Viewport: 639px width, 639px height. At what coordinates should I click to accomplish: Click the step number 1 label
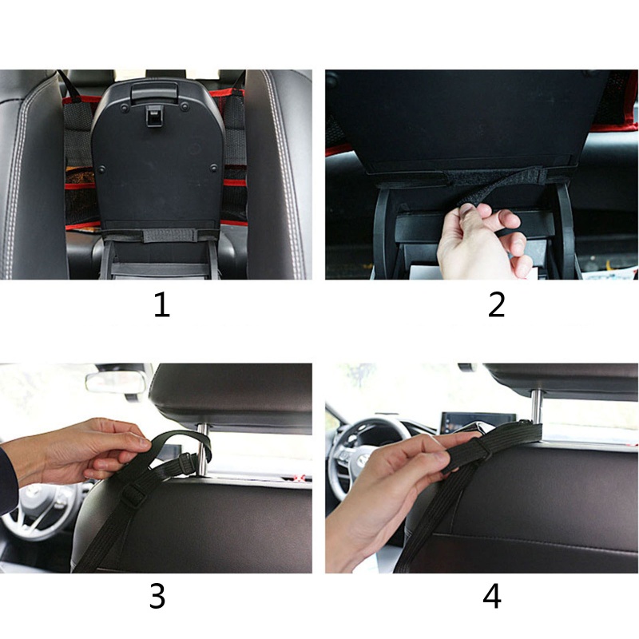pos(162,305)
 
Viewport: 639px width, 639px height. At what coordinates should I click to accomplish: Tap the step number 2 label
pos(496,305)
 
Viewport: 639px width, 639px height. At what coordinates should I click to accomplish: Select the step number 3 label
pos(157,596)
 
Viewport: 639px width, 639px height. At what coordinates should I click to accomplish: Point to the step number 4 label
pos(492,596)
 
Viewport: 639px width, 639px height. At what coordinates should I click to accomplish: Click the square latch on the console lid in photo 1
pos(154,117)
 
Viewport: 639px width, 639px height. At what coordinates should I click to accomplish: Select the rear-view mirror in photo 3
pos(116,383)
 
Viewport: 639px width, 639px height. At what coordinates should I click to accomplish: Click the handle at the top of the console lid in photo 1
pos(153,92)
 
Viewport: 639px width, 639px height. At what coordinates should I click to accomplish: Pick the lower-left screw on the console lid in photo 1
pos(101,169)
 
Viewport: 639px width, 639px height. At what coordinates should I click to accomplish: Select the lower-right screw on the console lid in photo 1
pos(213,168)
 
